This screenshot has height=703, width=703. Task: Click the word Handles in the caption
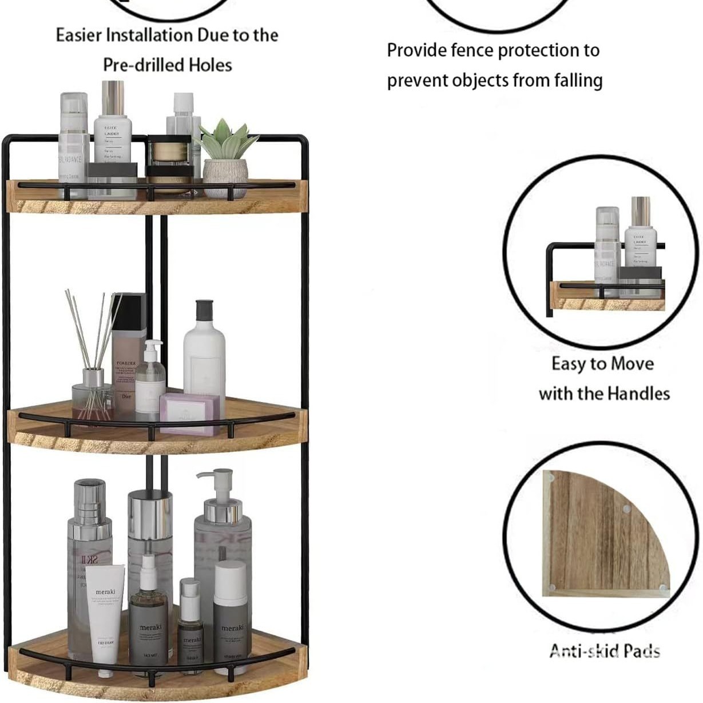638,394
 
